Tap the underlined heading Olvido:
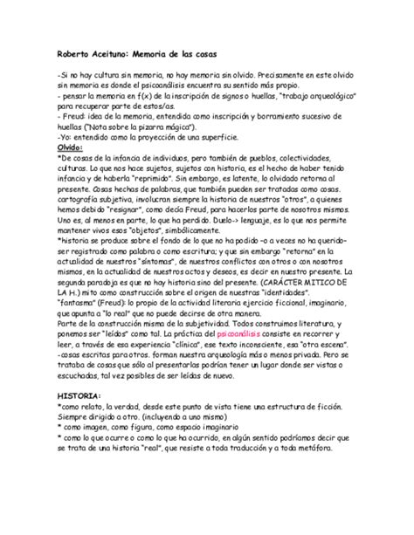pyautogui.click(x=69, y=147)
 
